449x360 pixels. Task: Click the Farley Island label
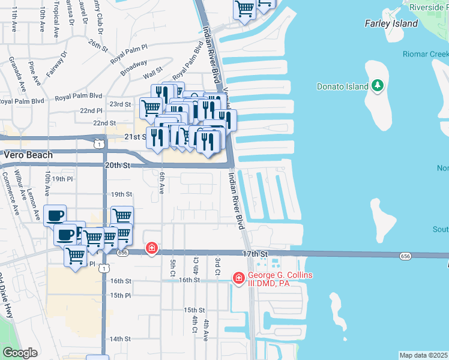pyautogui.click(x=391, y=23)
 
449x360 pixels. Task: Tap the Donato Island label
pyautogui.click(x=342, y=86)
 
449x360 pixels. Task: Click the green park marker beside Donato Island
pyautogui.click(x=378, y=86)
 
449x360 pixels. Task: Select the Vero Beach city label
pyautogui.click(x=29, y=154)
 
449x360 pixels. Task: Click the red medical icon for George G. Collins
pyautogui.click(x=238, y=278)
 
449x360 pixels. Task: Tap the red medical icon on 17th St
pyautogui.click(x=152, y=248)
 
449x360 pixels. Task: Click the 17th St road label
pyautogui.click(x=254, y=254)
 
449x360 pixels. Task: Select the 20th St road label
pyautogui.click(x=118, y=165)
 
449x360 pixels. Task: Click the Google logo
pyautogui.click(x=19, y=353)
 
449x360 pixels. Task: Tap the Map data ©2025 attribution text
pyautogui.click(x=423, y=355)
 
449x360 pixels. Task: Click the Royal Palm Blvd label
pyautogui.click(x=79, y=96)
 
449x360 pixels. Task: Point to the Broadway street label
pyautogui.click(x=133, y=67)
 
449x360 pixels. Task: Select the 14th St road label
pyautogui.click(x=120, y=338)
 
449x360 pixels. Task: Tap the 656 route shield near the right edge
pyautogui.click(x=405, y=256)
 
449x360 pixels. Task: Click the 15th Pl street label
pyautogui.click(x=120, y=295)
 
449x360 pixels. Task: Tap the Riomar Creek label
pyautogui.click(x=429, y=54)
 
